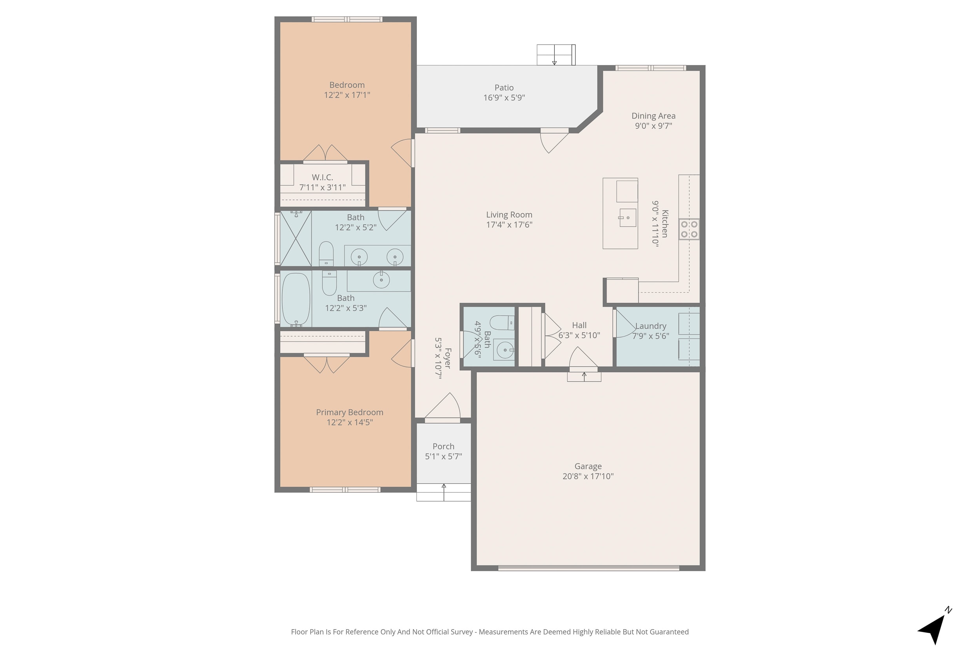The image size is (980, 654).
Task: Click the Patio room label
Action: [x=504, y=87]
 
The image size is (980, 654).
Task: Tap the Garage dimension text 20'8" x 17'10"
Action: [x=588, y=476]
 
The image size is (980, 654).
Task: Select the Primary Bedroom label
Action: [x=350, y=412]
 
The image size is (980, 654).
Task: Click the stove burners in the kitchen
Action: [x=689, y=230]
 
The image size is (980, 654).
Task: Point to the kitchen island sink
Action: [x=628, y=218]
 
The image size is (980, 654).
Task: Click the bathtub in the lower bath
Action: [x=296, y=299]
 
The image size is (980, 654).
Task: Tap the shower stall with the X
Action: [x=296, y=238]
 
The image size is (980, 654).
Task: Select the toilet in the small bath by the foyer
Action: [x=502, y=323]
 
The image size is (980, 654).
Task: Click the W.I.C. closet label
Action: [x=323, y=178]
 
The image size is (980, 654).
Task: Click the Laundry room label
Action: [x=650, y=326]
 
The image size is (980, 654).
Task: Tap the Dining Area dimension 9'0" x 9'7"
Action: [x=653, y=126]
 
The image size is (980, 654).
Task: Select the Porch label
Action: [x=443, y=446]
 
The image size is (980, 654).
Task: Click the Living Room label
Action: [x=509, y=215]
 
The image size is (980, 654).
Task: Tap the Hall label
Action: [x=579, y=325]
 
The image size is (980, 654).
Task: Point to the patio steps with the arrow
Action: [x=556, y=55]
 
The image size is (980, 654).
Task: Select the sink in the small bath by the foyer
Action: [x=504, y=350]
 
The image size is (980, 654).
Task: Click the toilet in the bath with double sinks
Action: [x=326, y=253]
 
